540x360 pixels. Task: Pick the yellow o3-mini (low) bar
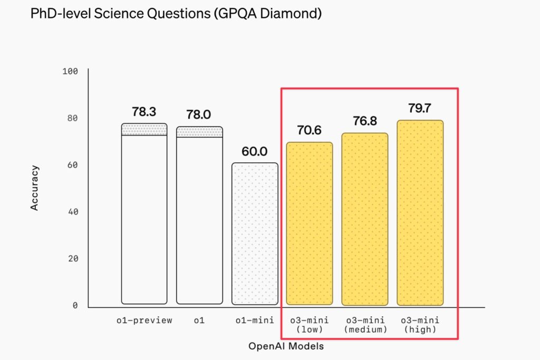(x=310, y=223)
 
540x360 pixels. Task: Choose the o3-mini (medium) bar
(x=365, y=219)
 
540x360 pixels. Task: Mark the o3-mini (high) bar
(x=420, y=213)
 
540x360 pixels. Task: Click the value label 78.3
(x=144, y=112)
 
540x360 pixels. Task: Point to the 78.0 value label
(x=199, y=115)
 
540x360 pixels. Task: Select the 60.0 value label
(x=254, y=152)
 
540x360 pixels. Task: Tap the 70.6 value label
(x=310, y=131)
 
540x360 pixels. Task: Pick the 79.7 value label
(x=420, y=109)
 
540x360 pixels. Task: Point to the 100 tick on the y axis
(x=70, y=71)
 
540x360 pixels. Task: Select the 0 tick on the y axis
(x=75, y=306)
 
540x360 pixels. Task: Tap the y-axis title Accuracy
(x=35, y=188)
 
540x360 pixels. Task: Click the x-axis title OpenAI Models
(x=286, y=346)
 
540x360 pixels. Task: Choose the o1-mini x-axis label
(x=255, y=320)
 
